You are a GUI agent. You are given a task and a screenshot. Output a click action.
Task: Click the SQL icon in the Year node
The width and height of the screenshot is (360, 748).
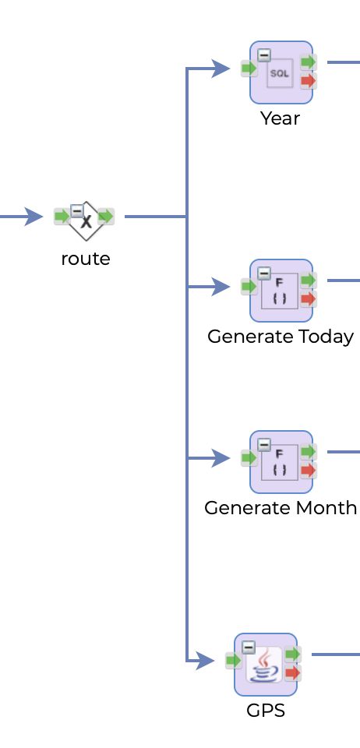280,73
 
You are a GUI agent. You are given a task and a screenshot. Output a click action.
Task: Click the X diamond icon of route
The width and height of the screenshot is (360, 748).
86,221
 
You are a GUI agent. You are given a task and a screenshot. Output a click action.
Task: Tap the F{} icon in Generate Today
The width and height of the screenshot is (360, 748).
280,291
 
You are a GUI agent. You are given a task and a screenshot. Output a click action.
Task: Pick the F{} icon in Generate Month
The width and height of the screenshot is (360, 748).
280,463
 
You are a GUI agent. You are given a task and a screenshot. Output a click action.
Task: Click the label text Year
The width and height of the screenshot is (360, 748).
280,118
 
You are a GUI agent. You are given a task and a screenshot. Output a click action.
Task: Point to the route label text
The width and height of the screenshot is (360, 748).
86,259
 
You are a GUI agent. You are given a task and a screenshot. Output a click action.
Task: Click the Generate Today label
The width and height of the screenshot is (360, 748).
281,337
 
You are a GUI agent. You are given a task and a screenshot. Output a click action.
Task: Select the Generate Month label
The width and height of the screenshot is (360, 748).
281,508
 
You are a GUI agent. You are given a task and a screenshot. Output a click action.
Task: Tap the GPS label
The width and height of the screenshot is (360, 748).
266,711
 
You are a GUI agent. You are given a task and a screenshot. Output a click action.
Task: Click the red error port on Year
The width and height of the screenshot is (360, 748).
308,80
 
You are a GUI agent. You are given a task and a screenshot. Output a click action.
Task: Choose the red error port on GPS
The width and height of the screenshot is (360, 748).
292,672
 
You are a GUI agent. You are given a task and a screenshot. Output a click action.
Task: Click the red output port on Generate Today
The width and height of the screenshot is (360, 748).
308,298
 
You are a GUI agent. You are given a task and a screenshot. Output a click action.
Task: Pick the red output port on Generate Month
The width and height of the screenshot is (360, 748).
308,470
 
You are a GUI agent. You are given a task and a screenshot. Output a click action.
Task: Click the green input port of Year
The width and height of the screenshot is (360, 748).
249,69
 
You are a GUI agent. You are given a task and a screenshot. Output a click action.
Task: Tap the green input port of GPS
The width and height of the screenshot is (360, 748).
233,661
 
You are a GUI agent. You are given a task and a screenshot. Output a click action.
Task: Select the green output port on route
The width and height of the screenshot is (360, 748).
106,216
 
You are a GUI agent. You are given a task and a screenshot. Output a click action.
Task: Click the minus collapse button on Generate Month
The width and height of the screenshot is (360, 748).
264,445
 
